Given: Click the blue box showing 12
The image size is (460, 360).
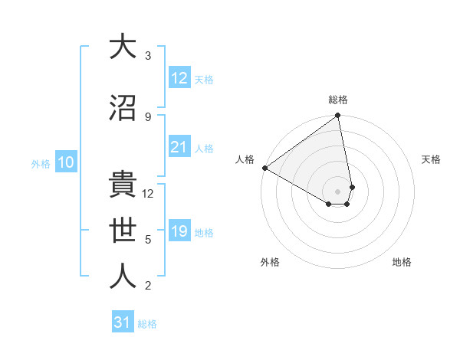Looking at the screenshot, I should pos(179,78).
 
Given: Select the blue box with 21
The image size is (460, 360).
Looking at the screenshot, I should pos(179,147).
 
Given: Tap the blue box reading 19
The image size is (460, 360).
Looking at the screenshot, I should pos(179,231).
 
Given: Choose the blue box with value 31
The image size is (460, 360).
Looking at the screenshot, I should pos(123,322).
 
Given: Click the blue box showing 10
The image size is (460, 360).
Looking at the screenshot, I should pos(65,162).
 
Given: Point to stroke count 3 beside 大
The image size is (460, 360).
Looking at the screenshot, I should pos(148,56).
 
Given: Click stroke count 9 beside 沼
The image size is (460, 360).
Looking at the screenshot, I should pos(148,117).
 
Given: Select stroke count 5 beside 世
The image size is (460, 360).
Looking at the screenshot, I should pos(148,240).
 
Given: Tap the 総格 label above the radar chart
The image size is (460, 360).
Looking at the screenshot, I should pos(338,100).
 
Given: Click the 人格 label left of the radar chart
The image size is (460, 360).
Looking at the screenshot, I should pos(245,159).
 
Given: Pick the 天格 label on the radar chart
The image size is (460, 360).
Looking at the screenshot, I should pos(432,159).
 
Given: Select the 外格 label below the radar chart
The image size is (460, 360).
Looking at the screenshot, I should pos(270,262).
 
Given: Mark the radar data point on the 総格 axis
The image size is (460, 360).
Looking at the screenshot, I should pos(337,116).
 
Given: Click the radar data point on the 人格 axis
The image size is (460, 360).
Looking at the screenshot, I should pos(264,168).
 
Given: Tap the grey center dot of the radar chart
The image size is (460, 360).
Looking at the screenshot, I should pos(337,191).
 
